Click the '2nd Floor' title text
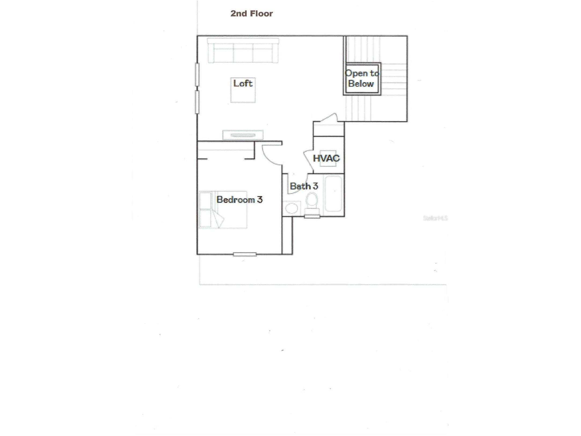pyautogui.click(x=251, y=13)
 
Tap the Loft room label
pyautogui.click(x=243, y=83)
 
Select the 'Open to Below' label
pyautogui.click(x=361, y=78)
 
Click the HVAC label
pyautogui.click(x=326, y=158)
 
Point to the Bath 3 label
pyautogui.click(x=304, y=186)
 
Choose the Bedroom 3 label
pyautogui.click(x=239, y=199)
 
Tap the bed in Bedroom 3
pyautogui.click(x=222, y=210)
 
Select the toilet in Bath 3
pyautogui.click(x=312, y=203)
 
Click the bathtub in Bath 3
pyautogui.click(x=333, y=193)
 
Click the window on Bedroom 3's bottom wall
pyautogui.click(x=244, y=254)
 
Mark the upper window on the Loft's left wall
pyautogui.click(x=197, y=74)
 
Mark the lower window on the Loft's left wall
pyautogui.click(x=197, y=102)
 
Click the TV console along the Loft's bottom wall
pyautogui.click(x=243, y=135)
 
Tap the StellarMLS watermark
pyautogui.click(x=435, y=218)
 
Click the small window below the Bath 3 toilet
pyautogui.click(x=312, y=216)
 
